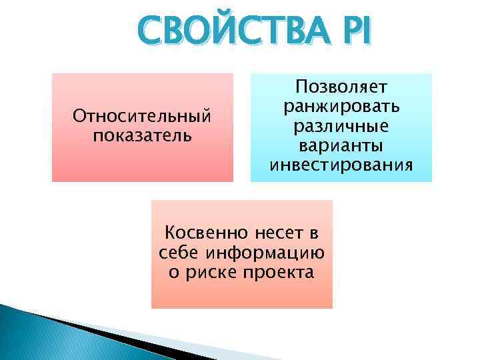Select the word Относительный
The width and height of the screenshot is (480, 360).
pos(142,117)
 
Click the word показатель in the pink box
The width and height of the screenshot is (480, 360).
pos(142,135)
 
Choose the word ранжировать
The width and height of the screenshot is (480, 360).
pos(341,106)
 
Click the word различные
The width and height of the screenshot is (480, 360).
pos(341,126)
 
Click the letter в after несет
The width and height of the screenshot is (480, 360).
pos(312,234)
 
